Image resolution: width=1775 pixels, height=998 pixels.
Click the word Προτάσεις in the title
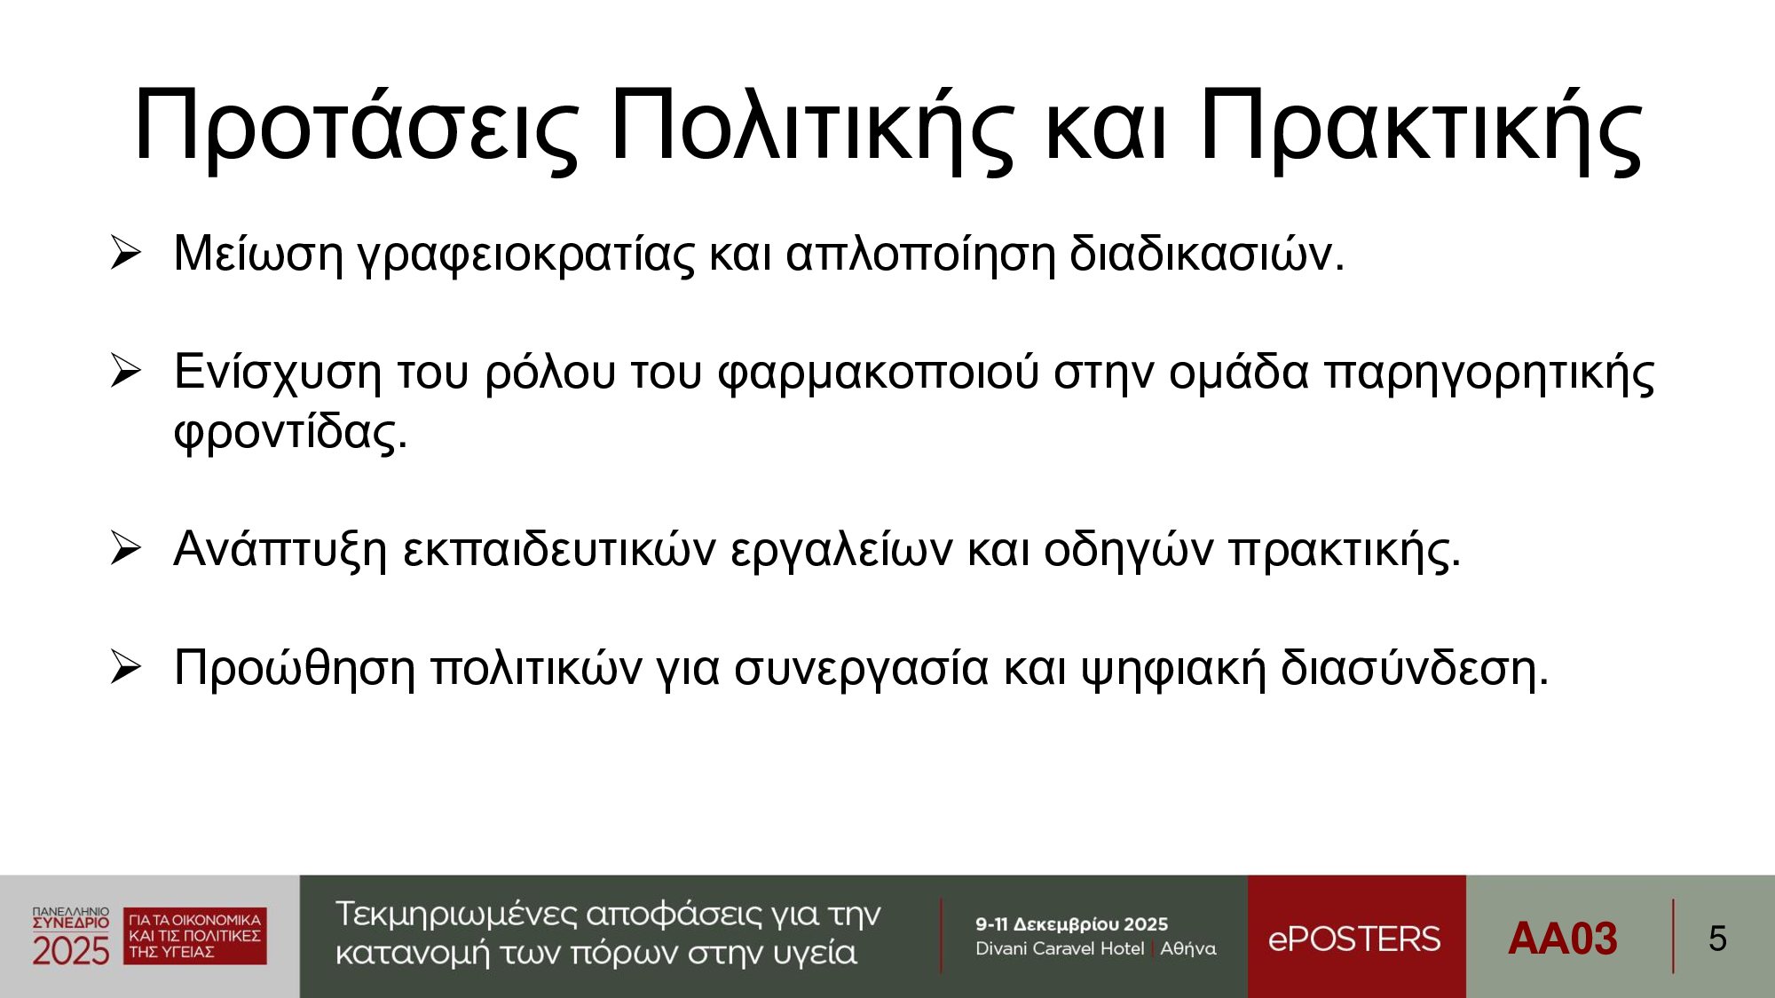click(x=357, y=127)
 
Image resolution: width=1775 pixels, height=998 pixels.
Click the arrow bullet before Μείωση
click(x=126, y=253)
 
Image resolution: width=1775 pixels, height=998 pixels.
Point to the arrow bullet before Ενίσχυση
click(x=126, y=371)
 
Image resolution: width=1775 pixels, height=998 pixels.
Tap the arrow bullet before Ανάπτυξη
click(x=126, y=548)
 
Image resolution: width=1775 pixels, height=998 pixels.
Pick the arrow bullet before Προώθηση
click(x=126, y=667)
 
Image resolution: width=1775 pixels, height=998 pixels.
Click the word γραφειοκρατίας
click(x=525, y=255)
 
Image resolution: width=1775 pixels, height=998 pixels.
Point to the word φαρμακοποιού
click(x=878, y=373)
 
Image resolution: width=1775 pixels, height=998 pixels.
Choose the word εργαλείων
click(x=841, y=551)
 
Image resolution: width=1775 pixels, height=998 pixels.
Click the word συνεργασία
click(x=861, y=670)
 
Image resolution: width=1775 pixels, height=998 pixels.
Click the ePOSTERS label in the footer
click(x=1354, y=939)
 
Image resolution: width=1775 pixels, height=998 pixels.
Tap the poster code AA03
click(x=1563, y=939)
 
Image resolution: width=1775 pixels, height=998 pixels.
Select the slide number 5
click(x=1717, y=939)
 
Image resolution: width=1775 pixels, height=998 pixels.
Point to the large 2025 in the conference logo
click(x=71, y=951)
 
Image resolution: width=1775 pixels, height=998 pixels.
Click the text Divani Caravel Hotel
click(x=1060, y=948)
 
